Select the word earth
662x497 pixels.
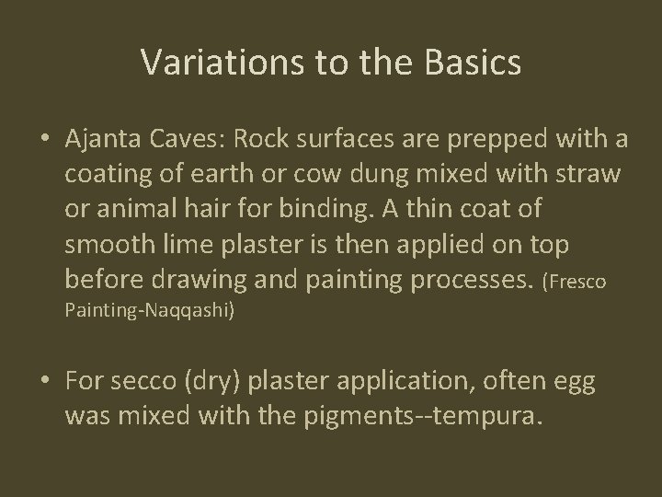pos(228,174)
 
